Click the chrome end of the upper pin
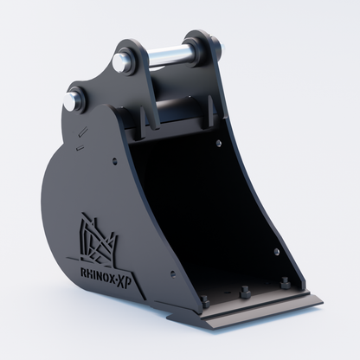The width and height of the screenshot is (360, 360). pos(119,61)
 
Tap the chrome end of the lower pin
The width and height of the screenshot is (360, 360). pos(70,102)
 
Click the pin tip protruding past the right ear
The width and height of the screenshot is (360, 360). pos(222,45)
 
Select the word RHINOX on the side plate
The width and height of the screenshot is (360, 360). pos(97,274)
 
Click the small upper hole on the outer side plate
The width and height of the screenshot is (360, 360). pos(114,161)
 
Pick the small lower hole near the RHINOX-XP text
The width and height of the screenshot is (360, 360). pos(172,273)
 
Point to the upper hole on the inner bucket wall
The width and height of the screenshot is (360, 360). pos(219,143)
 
